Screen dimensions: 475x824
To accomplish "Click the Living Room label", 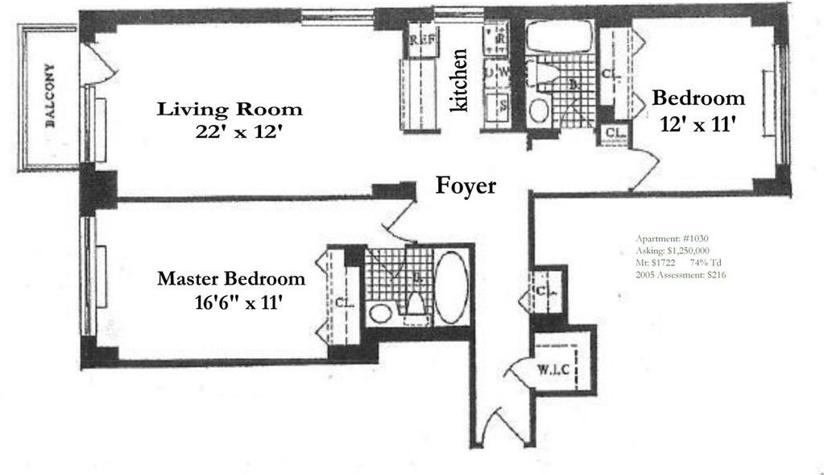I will click(x=230, y=109).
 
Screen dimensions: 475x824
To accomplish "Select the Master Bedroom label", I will click(x=231, y=279).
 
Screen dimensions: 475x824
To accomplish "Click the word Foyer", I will click(x=466, y=185).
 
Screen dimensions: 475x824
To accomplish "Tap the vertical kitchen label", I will click(x=459, y=81).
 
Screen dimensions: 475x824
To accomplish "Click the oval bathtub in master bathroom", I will click(x=451, y=287).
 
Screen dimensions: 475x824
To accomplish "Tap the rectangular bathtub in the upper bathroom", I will click(x=558, y=37).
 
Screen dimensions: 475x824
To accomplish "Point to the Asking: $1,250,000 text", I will click(x=672, y=251).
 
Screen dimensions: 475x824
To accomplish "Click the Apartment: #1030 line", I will click(x=672, y=239).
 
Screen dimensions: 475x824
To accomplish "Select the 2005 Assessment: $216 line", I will click(x=681, y=275).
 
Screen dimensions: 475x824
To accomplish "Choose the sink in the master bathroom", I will click(x=381, y=312).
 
